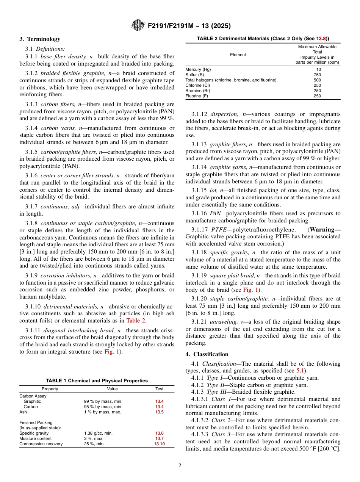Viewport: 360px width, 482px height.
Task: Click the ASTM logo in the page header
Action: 138,25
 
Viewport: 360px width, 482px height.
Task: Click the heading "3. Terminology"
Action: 40,39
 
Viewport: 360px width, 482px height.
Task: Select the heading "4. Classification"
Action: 207,354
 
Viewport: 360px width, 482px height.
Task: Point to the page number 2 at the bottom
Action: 180,466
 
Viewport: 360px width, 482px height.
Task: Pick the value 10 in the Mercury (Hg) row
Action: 317,69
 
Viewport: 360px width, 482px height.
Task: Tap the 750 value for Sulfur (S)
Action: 317,75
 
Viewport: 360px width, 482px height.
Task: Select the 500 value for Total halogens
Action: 317,80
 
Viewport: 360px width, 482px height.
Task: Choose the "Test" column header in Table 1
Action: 159,389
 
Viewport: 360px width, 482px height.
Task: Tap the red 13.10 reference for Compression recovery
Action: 159,444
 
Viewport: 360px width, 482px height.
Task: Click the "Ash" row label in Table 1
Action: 23,412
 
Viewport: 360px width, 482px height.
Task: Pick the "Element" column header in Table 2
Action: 238,55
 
